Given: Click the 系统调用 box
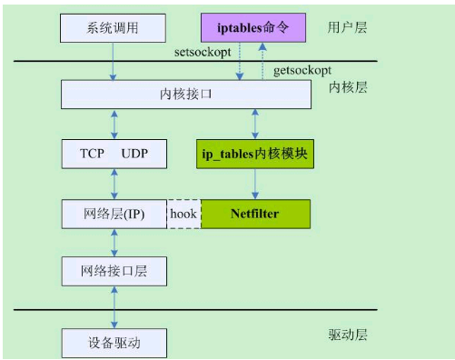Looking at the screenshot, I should click(x=114, y=28).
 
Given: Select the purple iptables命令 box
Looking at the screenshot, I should click(x=253, y=28).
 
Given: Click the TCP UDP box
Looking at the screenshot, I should click(x=114, y=153).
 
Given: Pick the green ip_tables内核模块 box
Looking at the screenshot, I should click(x=253, y=153).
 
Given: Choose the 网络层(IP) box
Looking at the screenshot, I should click(x=114, y=214).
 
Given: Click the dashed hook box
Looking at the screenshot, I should click(x=184, y=214).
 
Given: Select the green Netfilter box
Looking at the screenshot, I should click(x=254, y=214).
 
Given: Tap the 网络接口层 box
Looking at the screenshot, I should click(x=114, y=271).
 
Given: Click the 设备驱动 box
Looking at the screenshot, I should click(x=114, y=344).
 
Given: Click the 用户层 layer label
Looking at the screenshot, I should click(x=347, y=27).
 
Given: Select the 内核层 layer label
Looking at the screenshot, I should click(x=347, y=88).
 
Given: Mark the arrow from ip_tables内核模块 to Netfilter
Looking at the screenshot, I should click(x=254, y=183).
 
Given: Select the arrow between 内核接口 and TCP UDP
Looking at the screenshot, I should click(x=114, y=124).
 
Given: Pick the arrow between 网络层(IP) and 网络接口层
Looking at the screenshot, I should click(x=114, y=242).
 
